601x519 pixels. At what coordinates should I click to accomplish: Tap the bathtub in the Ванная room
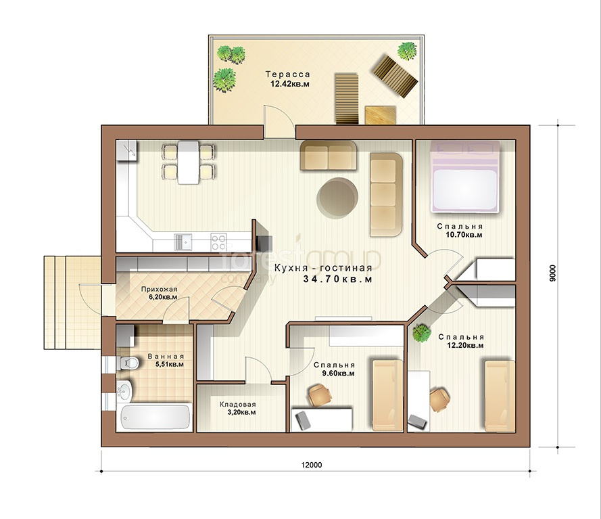155,417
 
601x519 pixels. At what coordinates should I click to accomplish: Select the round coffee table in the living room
337,198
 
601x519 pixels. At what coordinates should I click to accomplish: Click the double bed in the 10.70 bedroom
465,176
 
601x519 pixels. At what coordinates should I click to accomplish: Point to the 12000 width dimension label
312,465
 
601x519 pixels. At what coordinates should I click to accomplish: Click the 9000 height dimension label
552,273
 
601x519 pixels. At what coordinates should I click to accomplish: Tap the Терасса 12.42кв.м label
288,79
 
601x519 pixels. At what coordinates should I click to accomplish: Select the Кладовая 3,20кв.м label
238,409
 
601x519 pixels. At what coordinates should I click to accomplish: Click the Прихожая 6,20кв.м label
159,293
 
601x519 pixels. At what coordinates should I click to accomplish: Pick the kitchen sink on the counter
183,242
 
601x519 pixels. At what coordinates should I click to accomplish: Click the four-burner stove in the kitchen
219,242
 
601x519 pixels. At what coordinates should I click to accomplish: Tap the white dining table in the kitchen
188,162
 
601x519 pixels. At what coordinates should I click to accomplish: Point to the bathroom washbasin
124,390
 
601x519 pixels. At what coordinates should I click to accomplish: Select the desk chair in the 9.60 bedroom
320,394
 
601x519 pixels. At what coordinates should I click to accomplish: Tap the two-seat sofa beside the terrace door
328,156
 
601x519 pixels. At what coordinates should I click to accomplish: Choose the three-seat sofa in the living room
386,194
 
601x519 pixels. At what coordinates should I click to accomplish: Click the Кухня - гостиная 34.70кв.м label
323,273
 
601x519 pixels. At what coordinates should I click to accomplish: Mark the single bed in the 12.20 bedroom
499,395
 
